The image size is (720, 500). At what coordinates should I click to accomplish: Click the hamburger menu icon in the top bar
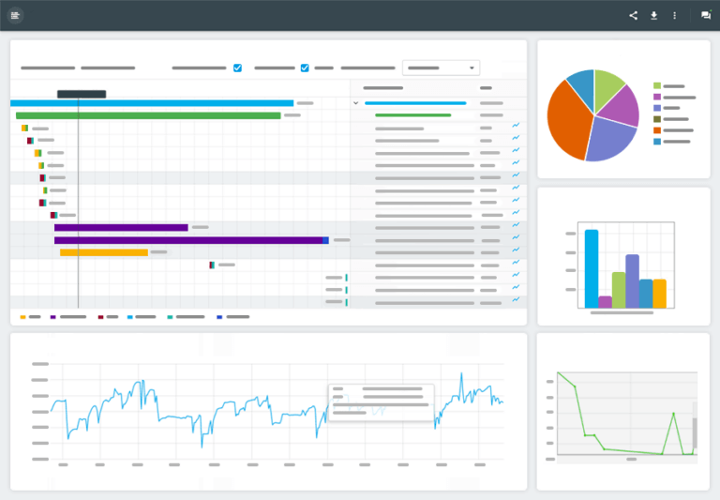[x=15, y=15]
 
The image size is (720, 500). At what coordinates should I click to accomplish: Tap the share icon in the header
[x=633, y=15]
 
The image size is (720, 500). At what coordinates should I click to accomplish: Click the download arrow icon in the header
[x=653, y=15]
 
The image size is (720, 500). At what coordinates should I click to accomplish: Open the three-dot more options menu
[x=674, y=15]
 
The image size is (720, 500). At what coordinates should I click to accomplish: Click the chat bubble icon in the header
[x=706, y=15]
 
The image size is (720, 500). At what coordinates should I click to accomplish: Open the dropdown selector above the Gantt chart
[x=442, y=68]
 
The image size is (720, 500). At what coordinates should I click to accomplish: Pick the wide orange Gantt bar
[x=104, y=252]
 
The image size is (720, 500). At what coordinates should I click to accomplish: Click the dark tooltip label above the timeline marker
[x=82, y=94]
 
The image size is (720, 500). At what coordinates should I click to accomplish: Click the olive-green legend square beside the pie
[x=657, y=119]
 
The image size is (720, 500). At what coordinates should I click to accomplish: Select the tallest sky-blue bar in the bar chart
[x=592, y=268]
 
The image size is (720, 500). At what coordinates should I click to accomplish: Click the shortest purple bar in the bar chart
[x=605, y=302]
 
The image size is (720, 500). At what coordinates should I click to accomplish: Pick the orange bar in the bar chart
[x=660, y=294]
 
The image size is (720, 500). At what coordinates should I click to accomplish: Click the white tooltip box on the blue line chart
[x=381, y=401]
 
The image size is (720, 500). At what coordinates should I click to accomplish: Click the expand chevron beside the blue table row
[x=355, y=103]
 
